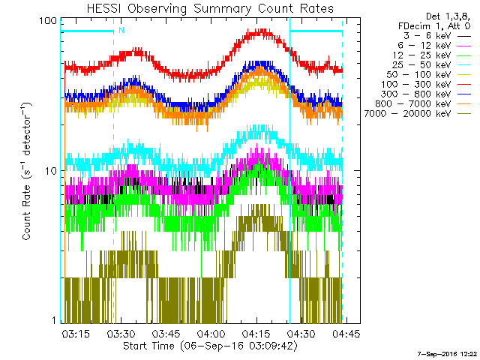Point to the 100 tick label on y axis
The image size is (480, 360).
tap(49, 20)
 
